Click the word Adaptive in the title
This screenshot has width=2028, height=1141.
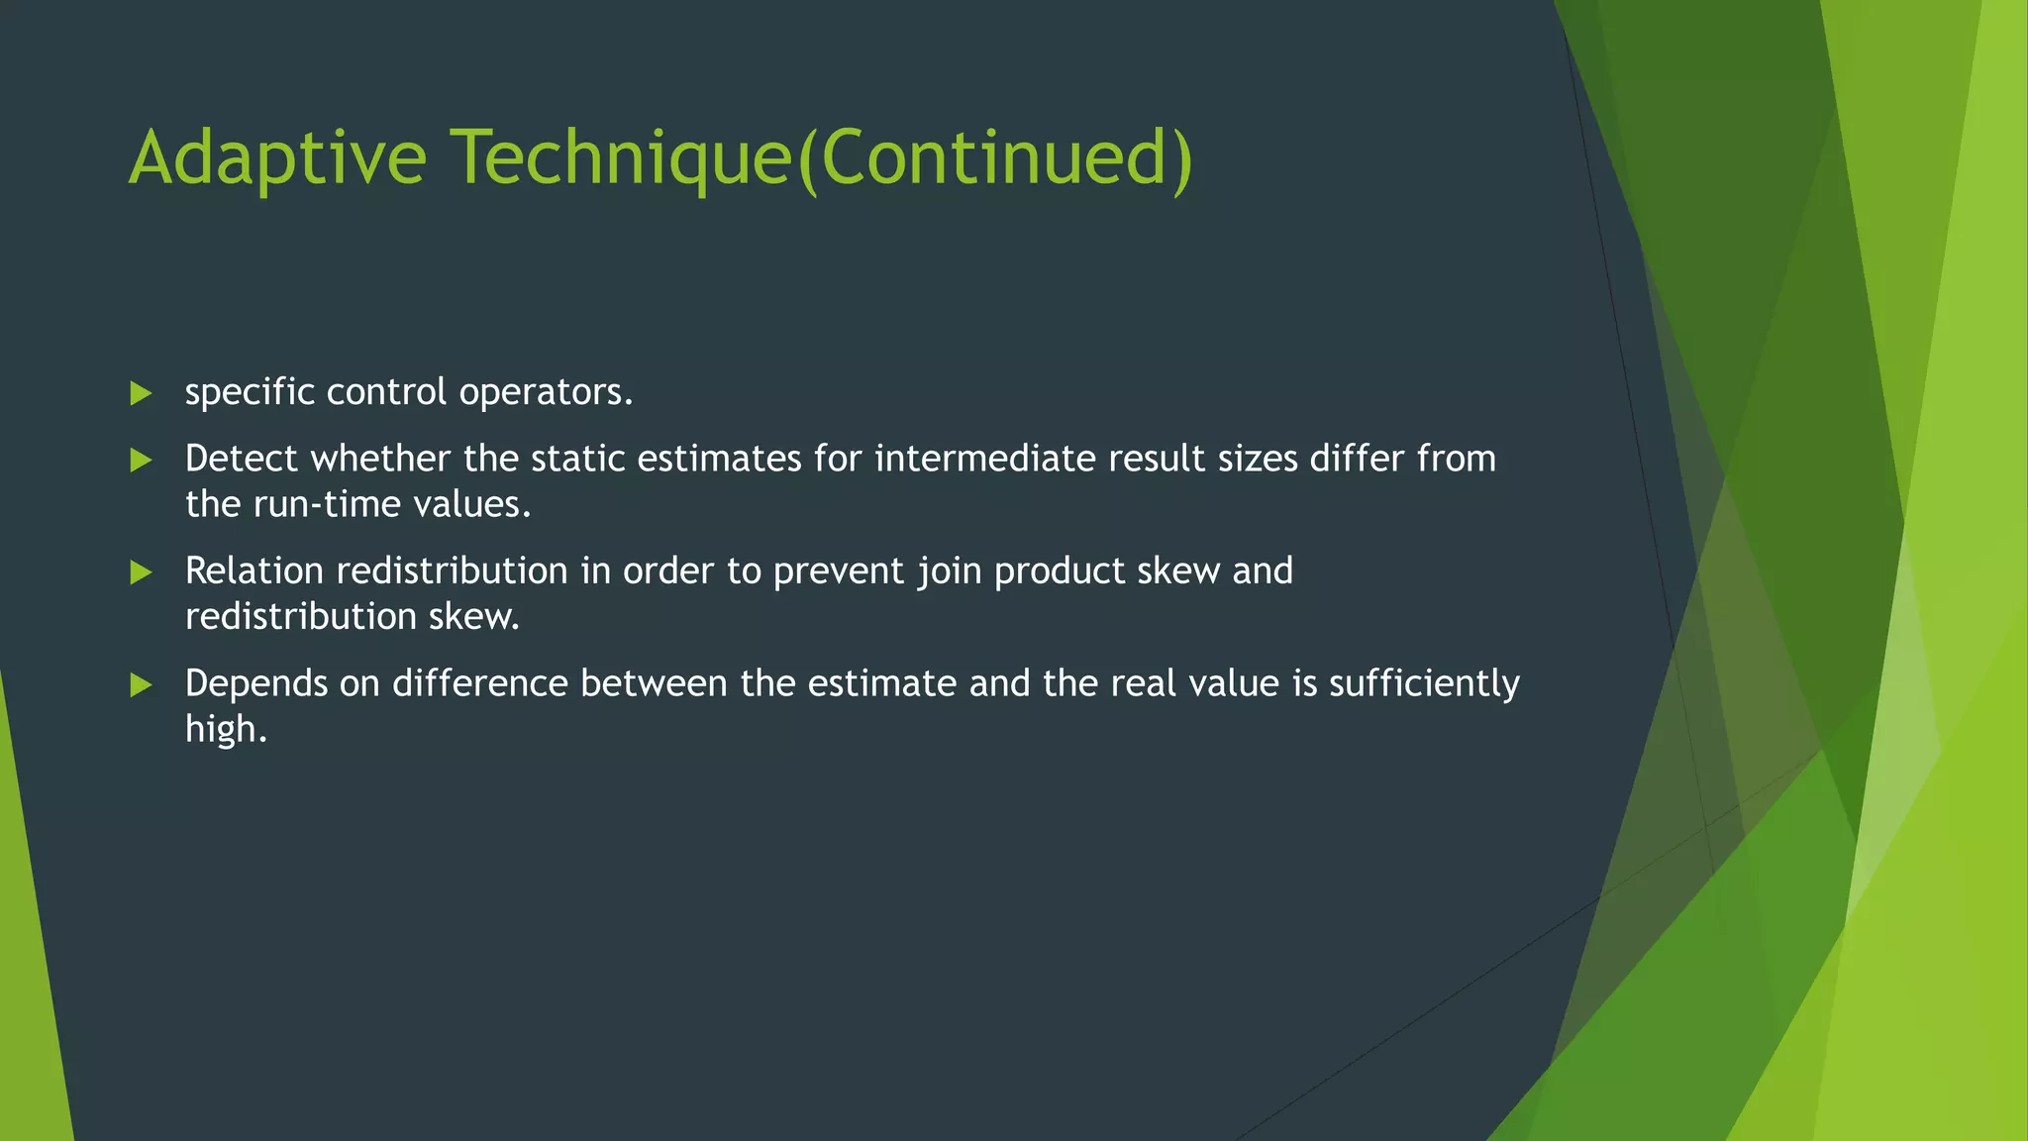(277, 158)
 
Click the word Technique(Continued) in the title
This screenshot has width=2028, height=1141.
(822, 158)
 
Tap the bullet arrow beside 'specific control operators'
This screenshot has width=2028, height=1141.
(141, 394)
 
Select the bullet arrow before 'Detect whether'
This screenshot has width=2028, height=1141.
(141, 461)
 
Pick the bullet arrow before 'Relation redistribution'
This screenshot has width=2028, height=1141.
(141, 572)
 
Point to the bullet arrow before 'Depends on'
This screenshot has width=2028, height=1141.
(141, 685)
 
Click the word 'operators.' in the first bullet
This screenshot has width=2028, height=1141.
(546, 393)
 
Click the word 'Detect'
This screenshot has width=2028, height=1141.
(241, 459)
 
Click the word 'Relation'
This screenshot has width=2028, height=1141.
(254, 571)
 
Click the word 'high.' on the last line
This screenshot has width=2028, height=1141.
(226, 730)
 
